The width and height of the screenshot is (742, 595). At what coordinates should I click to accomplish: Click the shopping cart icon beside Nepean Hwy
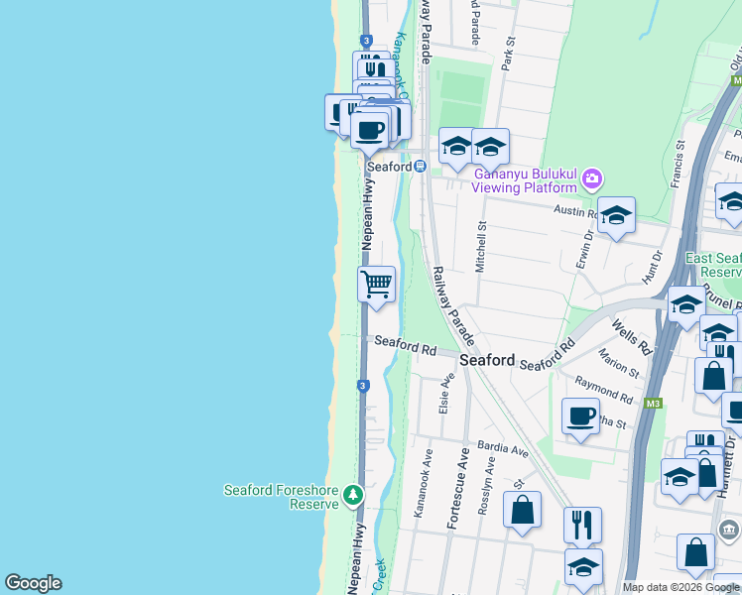[x=377, y=285]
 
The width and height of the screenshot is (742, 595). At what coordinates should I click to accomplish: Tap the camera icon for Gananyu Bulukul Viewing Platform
[x=592, y=179]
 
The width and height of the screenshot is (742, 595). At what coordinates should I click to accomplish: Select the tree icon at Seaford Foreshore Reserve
[x=353, y=495]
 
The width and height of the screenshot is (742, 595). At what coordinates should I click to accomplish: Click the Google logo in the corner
[x=33, y=583]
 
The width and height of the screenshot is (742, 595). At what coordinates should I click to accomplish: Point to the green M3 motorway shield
[x=652, y=404]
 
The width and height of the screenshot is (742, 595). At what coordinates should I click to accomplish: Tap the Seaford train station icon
[x=421, y=167]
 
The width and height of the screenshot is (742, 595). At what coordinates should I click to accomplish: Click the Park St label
[x=509, y=52]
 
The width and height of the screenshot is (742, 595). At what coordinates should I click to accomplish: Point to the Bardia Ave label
[x=503, y=449]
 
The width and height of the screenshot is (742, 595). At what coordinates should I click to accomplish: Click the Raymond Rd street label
[x=603, y=389]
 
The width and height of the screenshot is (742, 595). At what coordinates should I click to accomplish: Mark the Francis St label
[x=679, y=159]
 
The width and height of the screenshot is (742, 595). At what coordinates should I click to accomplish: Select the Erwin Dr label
[x=582, y=247]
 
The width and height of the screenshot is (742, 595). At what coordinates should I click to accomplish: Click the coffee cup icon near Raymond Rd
[x=581, y=416]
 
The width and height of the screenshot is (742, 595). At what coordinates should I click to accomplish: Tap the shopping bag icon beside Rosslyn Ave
[x=522, y=511]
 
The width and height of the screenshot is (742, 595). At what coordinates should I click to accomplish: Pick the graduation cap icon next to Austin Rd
[x=616, y=215]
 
